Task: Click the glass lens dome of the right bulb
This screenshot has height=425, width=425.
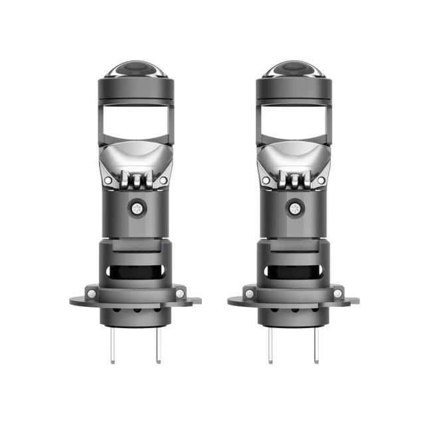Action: click(293, 70)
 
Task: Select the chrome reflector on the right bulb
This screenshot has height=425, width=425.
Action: click(293, 160)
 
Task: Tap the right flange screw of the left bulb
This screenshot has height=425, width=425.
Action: click(180, 293)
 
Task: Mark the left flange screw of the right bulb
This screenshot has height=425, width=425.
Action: click(249, 293)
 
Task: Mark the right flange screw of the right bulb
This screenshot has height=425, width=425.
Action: click(337, 293)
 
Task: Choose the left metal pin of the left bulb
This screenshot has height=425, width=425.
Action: click(113, 345)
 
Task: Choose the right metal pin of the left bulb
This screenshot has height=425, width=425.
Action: click(158, 345)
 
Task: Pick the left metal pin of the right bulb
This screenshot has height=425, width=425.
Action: click(270, 345)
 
